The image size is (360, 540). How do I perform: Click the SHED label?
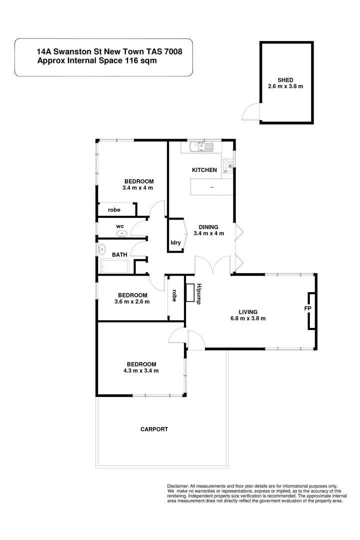tap(285, 79)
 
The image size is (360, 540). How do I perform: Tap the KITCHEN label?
tap(204, 170)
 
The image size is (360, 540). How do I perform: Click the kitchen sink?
tap(201, 147)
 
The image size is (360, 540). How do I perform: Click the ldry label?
tap(175, 242)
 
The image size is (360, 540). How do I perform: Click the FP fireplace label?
tap(308, 308)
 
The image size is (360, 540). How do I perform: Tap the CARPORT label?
tap(154, 429)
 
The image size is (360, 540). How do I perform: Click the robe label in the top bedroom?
tap(114, 210)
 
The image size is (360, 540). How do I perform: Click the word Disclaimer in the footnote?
tap(177, 486)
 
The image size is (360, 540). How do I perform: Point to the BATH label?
tap(119, 254)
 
